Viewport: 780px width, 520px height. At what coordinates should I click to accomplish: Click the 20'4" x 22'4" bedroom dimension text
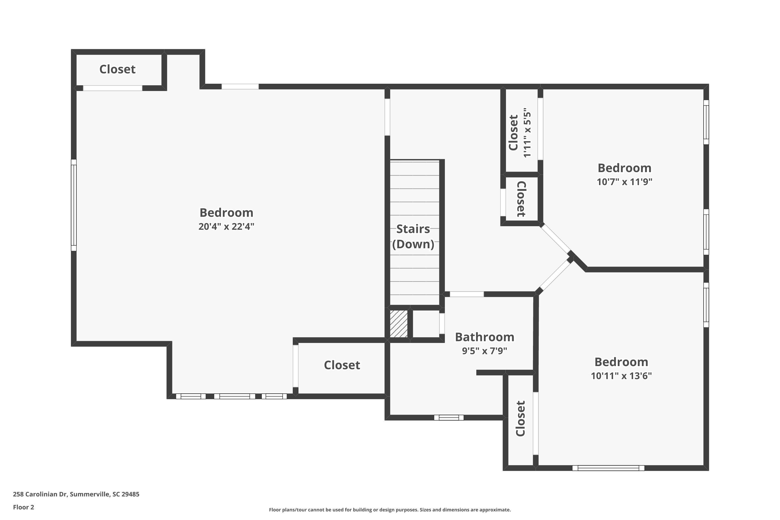point(226,226)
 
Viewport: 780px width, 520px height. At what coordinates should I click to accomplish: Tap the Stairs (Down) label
point(413,236)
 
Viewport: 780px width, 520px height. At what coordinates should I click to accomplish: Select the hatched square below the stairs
point(399,324)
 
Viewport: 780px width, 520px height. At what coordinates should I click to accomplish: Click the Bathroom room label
point(485,337)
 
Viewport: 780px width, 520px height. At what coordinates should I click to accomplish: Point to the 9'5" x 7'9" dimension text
point(485,351)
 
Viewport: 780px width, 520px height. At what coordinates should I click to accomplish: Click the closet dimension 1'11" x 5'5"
point(527,133)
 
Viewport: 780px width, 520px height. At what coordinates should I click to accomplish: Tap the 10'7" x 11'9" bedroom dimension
point(625,182)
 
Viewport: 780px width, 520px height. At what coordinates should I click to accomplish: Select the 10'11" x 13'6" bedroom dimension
point(621,376)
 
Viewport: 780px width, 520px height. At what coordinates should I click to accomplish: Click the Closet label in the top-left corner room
point(118,69)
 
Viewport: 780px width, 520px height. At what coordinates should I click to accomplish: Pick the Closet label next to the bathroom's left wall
point(342,365)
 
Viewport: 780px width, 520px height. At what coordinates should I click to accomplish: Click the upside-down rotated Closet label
point(521,199)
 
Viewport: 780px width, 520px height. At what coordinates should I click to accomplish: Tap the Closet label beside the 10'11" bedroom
point(520,419)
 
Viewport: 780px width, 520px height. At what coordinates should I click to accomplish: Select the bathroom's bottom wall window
point(449,418)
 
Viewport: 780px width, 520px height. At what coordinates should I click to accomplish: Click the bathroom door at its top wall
point(467,294)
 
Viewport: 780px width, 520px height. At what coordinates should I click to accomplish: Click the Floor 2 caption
point(24,507)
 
